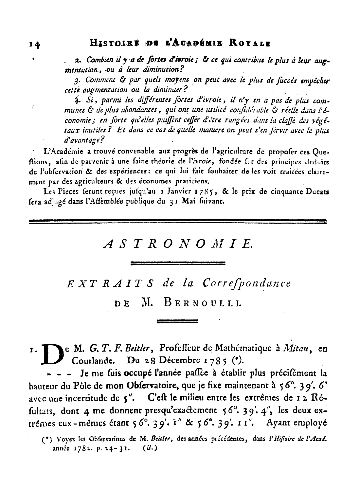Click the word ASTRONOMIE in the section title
pos(178,244)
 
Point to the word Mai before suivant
pos(189,202)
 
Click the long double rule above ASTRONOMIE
pos(178,222)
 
